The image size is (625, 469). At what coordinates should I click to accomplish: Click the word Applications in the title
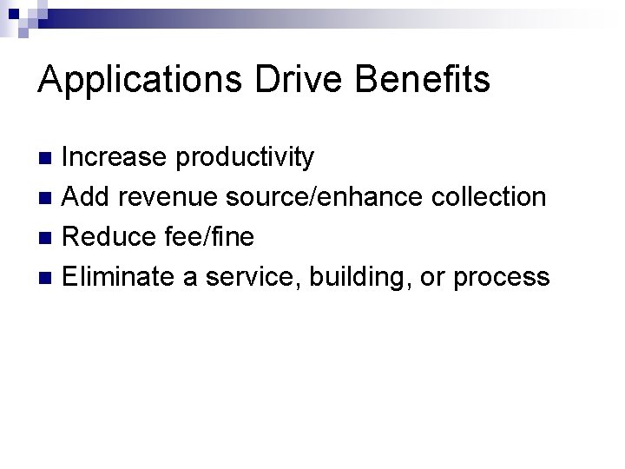142,80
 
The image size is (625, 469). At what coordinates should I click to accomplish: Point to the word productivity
245,158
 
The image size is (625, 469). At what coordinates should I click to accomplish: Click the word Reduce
106,237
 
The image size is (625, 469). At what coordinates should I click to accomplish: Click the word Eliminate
116,276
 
